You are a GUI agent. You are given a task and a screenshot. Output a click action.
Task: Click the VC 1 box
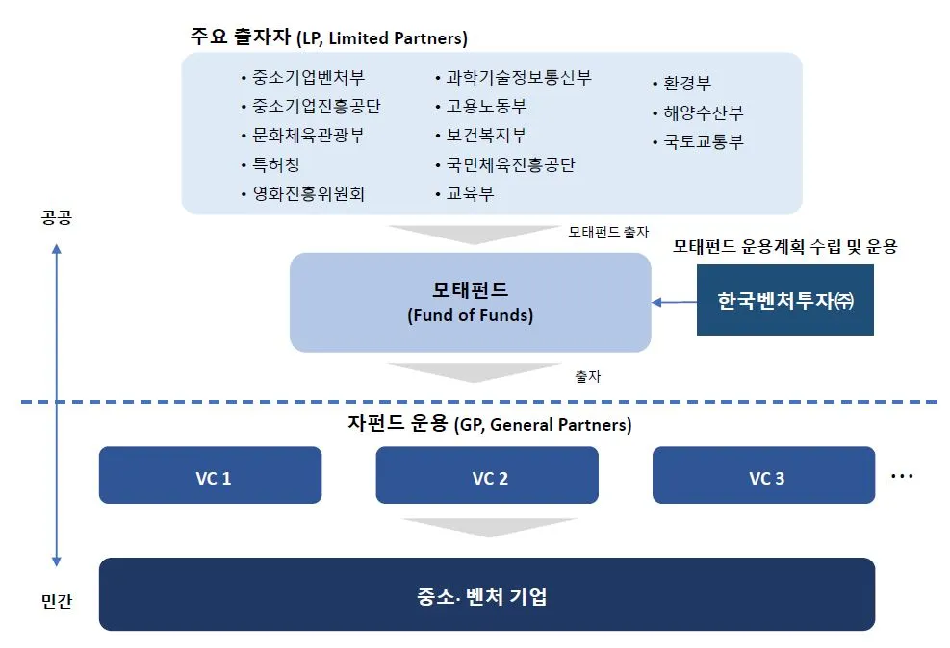click(x=210, y=475)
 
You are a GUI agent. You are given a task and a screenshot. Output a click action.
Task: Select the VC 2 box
click(x=487, y=475)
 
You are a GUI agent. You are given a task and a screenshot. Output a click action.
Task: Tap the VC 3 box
click(x=764, y=475)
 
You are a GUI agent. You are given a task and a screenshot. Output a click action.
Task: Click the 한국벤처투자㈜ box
click(x=784, y=301)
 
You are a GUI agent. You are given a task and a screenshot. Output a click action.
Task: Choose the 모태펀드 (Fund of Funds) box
click(x=470, y=302)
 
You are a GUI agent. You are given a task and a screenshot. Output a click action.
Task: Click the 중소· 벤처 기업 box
click(x=487, y=595)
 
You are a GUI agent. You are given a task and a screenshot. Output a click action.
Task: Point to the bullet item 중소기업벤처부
click(x=308, y=78)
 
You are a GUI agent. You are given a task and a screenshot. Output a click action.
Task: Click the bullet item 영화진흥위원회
click(x=308, y=194)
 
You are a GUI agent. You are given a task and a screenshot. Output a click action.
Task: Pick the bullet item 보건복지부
click(x=485, y=136)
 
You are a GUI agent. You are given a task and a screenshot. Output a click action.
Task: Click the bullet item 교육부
click(x=469, y=194)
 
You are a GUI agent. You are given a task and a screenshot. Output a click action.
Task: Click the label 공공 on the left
click(x=57, y=217)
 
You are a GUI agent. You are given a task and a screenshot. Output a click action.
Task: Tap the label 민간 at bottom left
click(x=57, y=602)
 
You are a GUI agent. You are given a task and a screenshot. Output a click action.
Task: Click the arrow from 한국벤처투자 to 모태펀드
click(x=674, y=302)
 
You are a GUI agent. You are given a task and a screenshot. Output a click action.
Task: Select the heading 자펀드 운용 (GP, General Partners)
click(x=489, y=424)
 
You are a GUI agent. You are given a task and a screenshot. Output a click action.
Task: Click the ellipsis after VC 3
click(x=901, y=476)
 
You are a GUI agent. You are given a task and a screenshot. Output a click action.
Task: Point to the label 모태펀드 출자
click(x=607, y=232)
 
